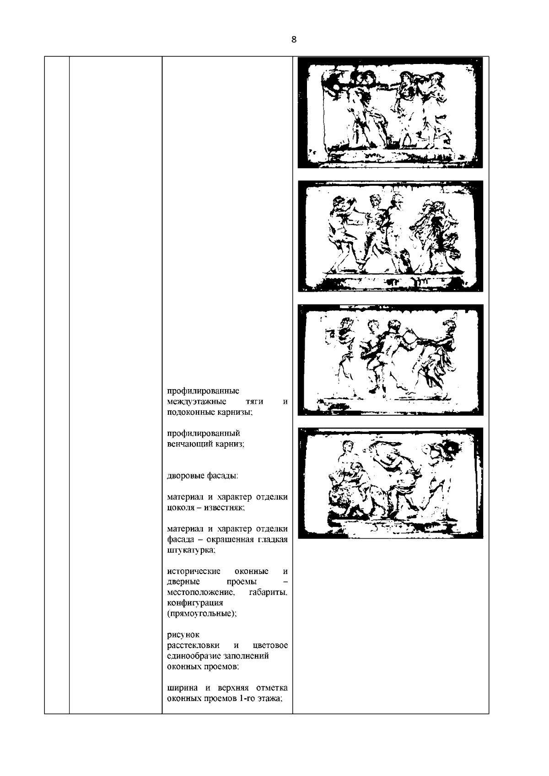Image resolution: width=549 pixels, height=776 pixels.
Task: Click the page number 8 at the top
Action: point(294,39)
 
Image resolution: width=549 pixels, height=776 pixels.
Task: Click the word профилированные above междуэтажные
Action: point(203,391)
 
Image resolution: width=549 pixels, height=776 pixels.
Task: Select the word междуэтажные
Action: point(197,402)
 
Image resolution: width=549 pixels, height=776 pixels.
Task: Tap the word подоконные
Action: point(191,412)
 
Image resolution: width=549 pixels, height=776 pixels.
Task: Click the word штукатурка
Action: point(191,551)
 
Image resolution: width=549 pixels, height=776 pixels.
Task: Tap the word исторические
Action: point(194,571)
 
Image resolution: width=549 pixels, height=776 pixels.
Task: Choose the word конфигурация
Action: point(195,604)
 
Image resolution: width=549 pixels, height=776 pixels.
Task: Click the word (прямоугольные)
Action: point(202,614)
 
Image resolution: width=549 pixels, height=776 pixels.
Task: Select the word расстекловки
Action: point(194,645)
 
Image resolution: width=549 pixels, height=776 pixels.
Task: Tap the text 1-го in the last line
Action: point(245,698)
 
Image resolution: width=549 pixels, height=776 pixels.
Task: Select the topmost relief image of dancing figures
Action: point(390,112)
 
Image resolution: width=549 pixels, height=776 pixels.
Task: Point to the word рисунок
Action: point(183,635)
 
